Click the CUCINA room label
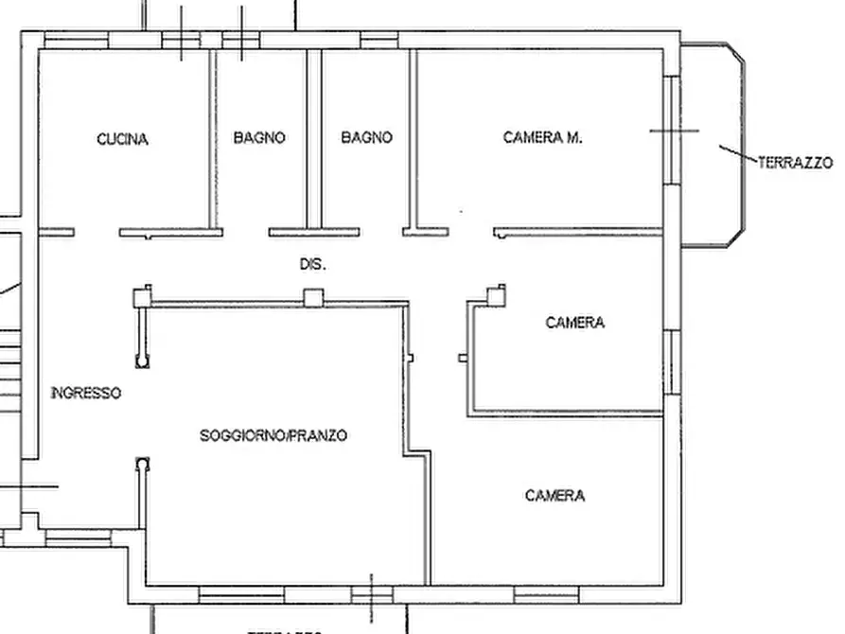[x=123, y=140]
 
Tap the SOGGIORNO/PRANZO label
[x=273, y=436]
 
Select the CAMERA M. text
[x=542, y=138]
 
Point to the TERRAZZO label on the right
[x=795, y=163]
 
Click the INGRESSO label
[x=85, y=393]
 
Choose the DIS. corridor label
[x=313, y=266]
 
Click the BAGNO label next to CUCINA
[x=259, y=138]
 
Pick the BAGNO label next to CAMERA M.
[x=366, y=138]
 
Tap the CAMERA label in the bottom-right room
[x=555, y=496]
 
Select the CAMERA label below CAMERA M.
[x=574, y=324]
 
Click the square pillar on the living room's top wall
[x=313, y=297]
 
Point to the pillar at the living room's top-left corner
[x=143, y=296]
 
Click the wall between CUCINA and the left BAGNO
[x=213, y=137]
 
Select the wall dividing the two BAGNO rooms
[x=314, y=137]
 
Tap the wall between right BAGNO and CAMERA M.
[x=414, y=137]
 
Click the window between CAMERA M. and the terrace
[x=673, y=130]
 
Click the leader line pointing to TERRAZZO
[x=737, y=153]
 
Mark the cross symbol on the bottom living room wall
[x=371, y=592]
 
